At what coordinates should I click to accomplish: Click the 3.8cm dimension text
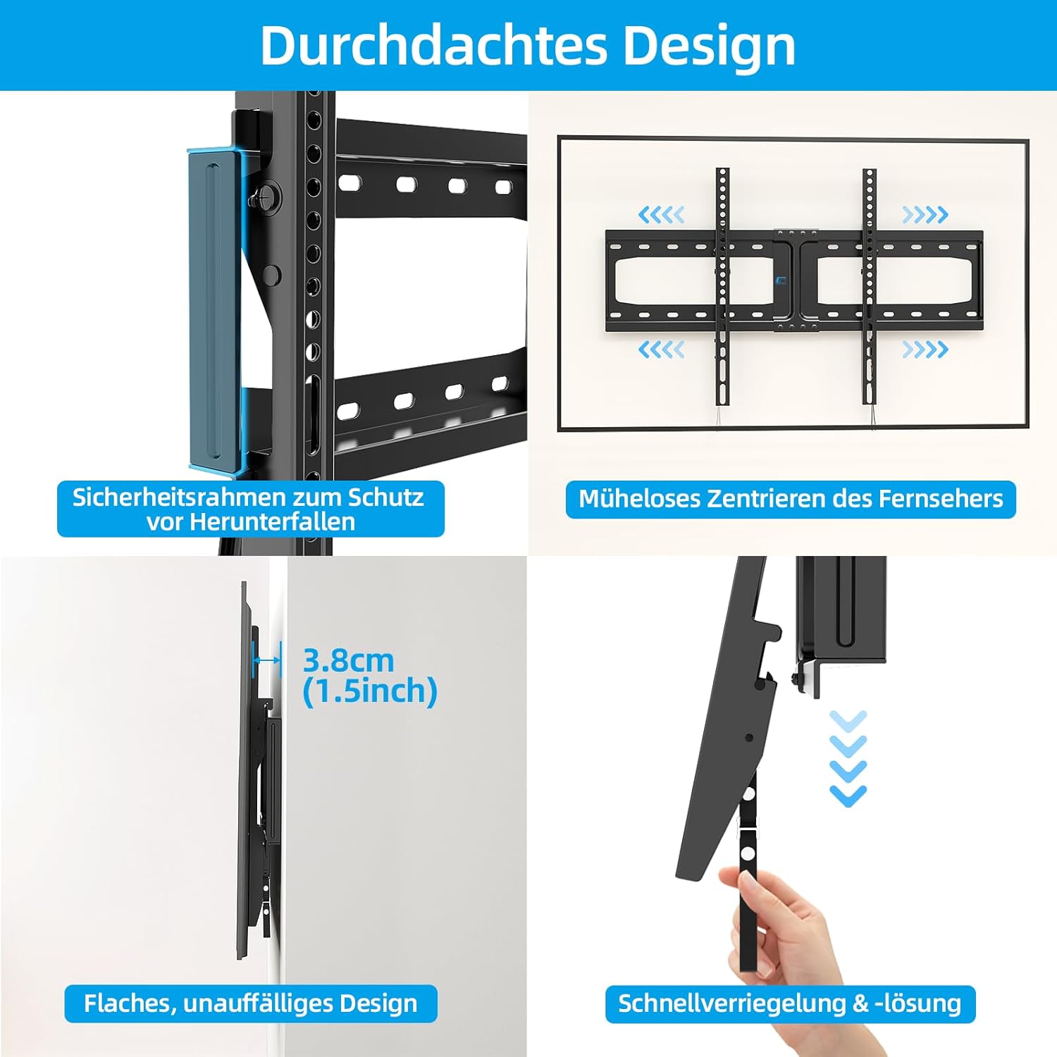tap(348, 661)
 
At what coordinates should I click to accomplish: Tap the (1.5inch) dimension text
tap(370, 691)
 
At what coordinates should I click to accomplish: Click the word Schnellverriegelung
tap(731, 1003)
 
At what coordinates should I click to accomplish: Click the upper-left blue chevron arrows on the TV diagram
tap(661, 214)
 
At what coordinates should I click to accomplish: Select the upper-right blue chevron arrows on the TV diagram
tap(925, 214)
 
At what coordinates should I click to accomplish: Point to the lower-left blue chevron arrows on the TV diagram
tap(661, 349)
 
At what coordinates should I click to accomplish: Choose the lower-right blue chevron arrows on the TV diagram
tap(925, 349)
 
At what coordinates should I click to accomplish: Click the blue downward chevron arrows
tap(848, 758)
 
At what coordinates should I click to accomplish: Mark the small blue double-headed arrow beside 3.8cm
tap(268, 660)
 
